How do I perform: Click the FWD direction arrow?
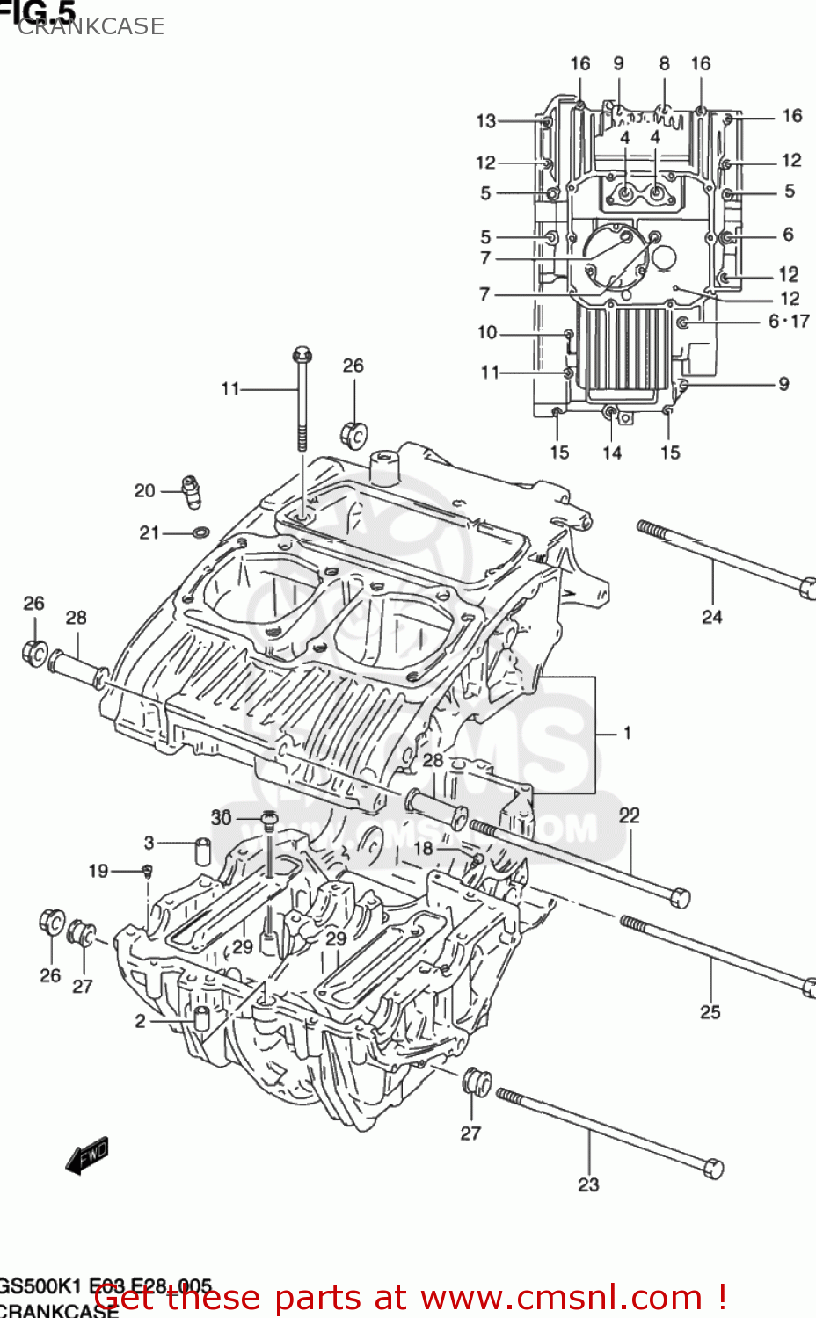click(x=87, y=1156)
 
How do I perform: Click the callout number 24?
click(x=711, y=617)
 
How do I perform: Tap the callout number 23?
click(x=588, y=1184)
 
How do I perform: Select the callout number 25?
click(x=710, y=1012)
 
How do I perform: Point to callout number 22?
click(x=629, y=815)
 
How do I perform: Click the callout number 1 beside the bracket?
click(x=627, y=733)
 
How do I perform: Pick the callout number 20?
click(x=144, y=491)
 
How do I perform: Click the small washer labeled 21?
click(x=200, y=532)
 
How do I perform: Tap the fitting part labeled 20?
click(x=191, y=490)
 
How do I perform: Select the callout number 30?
click(x=221, y=818)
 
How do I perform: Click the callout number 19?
click(x=98, y=871)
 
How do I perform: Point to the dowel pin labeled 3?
click(x=202, y=851)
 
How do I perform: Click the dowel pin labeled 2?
click(x=201, y=1019)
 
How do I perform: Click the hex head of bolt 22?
click(x=680, y=898)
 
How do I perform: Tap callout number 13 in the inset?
click(x=486, y=121)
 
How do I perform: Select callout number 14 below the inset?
click(x=611, y=453)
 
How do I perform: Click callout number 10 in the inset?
click(x=487, y=333)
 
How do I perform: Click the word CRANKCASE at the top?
click(x=91, y=26)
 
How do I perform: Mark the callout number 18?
click(x=423, y=848)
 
